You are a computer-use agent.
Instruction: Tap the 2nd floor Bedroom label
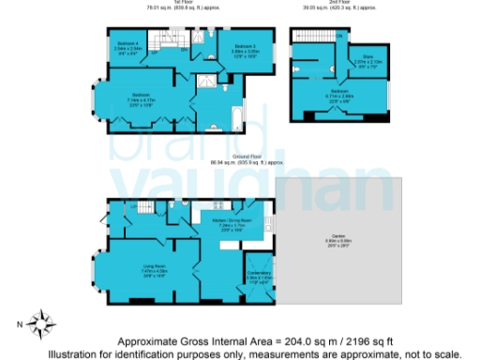tap(337, 91)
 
